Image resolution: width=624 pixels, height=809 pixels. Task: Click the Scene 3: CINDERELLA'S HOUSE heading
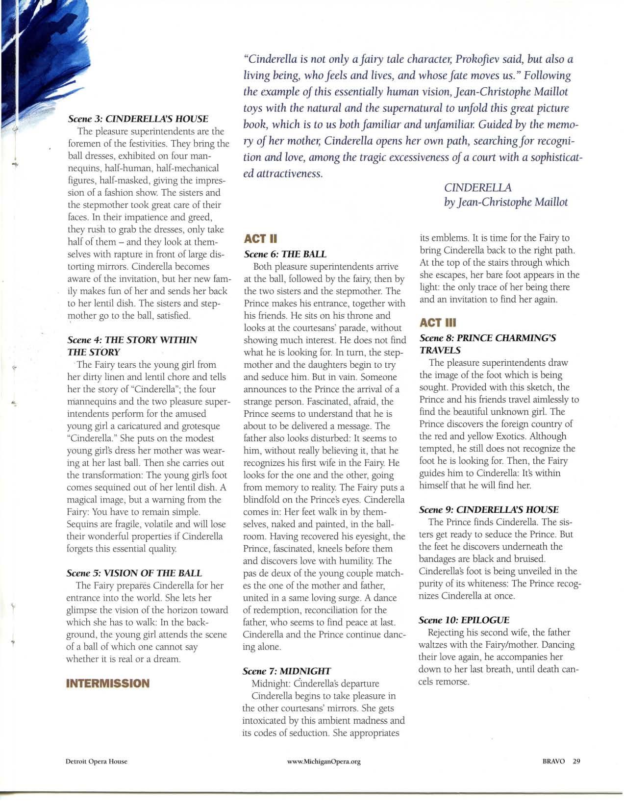(138, 119)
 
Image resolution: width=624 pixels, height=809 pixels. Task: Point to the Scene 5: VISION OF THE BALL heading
(134, 573)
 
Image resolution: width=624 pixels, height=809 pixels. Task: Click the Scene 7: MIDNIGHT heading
(287, 671)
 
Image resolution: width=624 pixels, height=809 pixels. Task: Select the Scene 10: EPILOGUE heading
(464, 620)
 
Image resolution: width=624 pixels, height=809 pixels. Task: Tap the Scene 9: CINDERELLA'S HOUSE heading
(489, 509)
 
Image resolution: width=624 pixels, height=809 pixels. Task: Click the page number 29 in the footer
(576, 761)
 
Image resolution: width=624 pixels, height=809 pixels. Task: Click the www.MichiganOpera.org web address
(324, 761)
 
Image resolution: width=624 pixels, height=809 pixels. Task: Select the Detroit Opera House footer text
(97, 761)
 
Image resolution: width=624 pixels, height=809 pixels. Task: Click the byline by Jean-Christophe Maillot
(505, 202)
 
